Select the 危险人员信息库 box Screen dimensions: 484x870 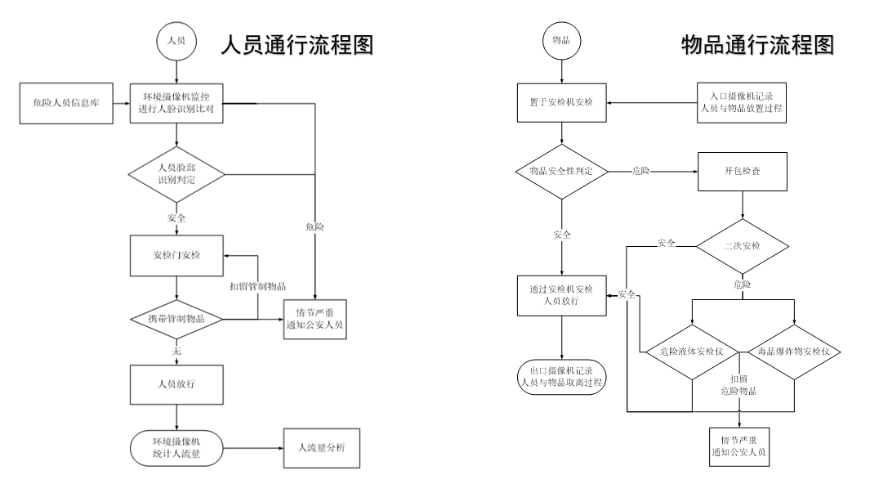click(x=65, y=104)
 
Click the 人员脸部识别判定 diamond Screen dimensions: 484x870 click(x=177, y=173)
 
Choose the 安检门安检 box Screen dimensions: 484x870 click(x=177, y=254)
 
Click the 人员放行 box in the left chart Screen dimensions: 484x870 click(x=177, y=383)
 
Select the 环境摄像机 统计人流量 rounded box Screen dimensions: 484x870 click(x=177, y=447)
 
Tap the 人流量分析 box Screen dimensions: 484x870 click(x=320, y=447)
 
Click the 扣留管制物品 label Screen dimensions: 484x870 click(x=257, y=286)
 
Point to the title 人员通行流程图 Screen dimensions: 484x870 click(x=297, y=46)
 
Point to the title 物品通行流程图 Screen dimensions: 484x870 click(x=758, y=46)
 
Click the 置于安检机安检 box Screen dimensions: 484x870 click(x=562, y=104)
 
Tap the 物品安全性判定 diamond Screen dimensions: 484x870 click(x=562, y=172)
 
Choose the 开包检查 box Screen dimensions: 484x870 click(x=742, y=172)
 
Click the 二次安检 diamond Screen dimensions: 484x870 click(x=742, y=244)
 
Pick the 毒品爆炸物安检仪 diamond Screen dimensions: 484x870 click(x=795, y=352)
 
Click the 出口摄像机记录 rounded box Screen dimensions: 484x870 click(x=562, y=376)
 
